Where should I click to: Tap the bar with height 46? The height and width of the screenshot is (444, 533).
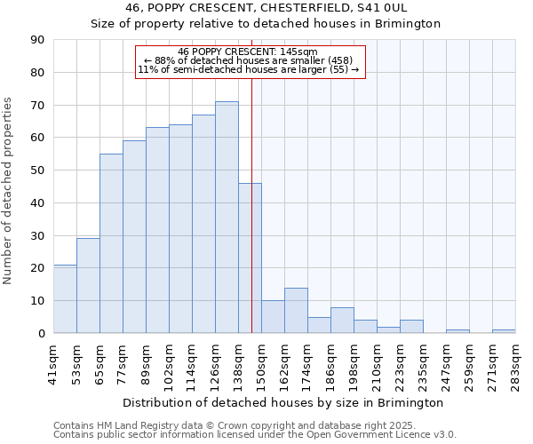point(250,258)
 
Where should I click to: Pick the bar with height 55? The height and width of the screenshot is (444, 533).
point(111,243)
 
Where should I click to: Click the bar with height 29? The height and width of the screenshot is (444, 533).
point(88,286)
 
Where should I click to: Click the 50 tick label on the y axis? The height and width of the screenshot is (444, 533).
point(37,170)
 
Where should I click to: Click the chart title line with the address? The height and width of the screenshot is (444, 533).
point(266,8)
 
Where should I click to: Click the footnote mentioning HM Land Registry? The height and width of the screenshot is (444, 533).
point(253,426)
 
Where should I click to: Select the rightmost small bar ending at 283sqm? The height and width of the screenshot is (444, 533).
point(504,331)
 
